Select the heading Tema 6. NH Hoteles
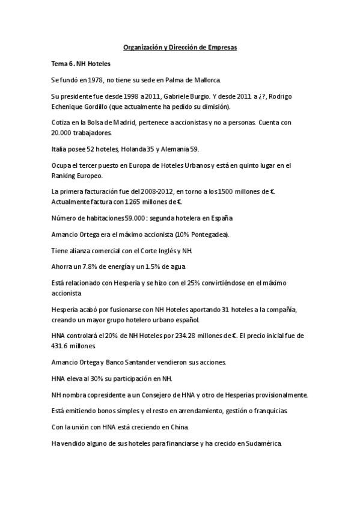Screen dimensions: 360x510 [81, 63]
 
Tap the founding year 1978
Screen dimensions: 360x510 [97, 79]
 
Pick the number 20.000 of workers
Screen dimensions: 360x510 [63, 133]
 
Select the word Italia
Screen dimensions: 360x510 [60, 149]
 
